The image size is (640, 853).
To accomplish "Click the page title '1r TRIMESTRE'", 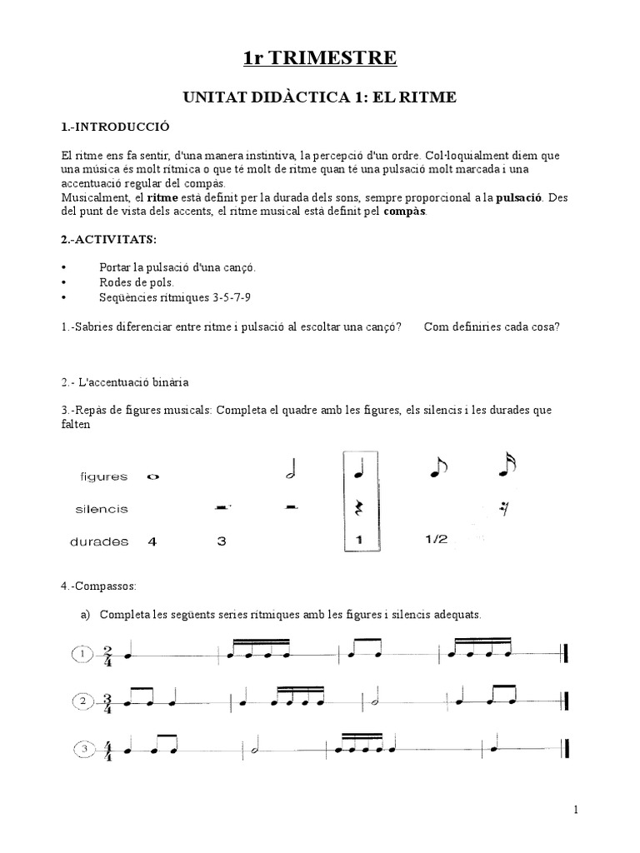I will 320,57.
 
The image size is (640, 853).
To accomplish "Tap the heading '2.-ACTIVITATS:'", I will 109,239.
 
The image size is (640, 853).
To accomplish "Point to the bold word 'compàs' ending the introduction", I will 404,212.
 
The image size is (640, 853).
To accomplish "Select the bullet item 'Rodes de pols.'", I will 137,282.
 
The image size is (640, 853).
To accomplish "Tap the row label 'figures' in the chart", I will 103,477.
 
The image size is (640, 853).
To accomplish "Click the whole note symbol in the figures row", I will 152,477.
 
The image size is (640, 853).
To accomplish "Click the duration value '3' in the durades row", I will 221,541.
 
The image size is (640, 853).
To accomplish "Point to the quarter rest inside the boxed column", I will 359,507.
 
